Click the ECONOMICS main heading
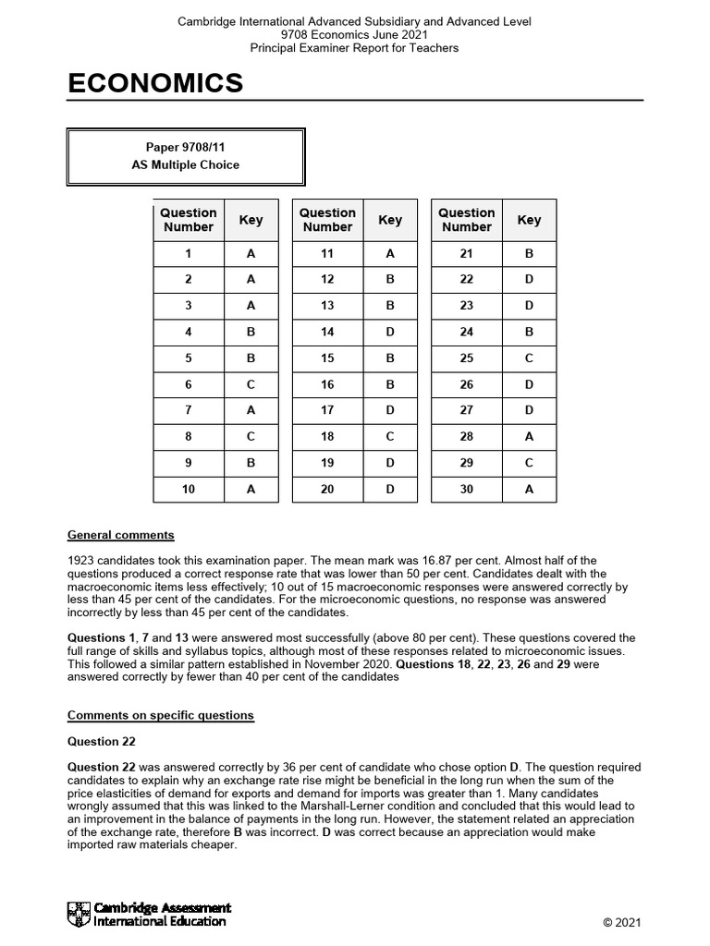(155, 84)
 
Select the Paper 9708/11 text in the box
(186, 147)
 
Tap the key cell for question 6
(251, 384)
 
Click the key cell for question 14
(389, 332)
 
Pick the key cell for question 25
(529, 358)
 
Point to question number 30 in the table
(466, 490)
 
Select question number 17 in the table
(327, 411)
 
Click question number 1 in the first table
(189, 253)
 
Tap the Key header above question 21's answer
(529, 220)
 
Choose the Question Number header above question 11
(327, 220)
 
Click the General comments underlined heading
(120, 535)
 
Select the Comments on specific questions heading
(160, 715)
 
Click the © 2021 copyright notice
(621, 922)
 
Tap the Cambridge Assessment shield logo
(80, 915)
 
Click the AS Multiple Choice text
(186, 165)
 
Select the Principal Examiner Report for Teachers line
(354, 47)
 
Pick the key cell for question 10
(251, 490)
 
